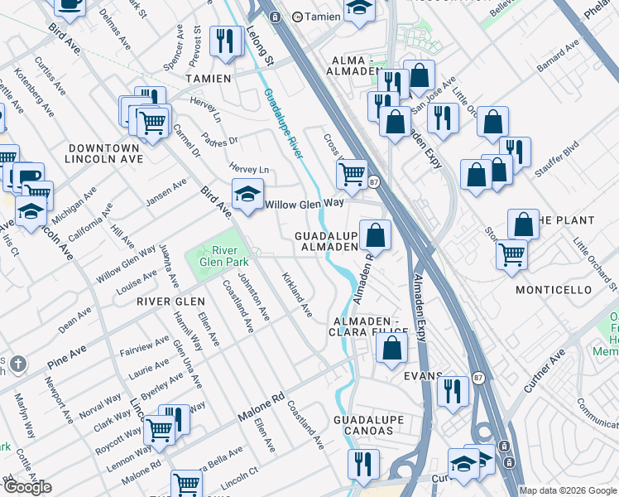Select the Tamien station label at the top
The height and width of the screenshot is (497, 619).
pyautogui.click(x=321, y=16)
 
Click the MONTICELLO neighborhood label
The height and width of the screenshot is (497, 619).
pyautogui.click(x=554, y=290)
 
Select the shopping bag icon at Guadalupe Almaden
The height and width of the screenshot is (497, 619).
pyautogui.click(x=375, y=234)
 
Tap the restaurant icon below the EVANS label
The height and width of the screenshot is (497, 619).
pyautogui.click(x=452, y=389)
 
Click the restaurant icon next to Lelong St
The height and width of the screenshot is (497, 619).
pyautogui.click(x=225, y=41)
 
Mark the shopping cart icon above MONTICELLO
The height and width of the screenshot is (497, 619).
pyautogui.click(x=512, y=254)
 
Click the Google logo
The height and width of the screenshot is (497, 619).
pyautogui.click(x=27, y=487)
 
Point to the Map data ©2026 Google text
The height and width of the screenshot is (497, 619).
pyautogui.click(x=568, y=490)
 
